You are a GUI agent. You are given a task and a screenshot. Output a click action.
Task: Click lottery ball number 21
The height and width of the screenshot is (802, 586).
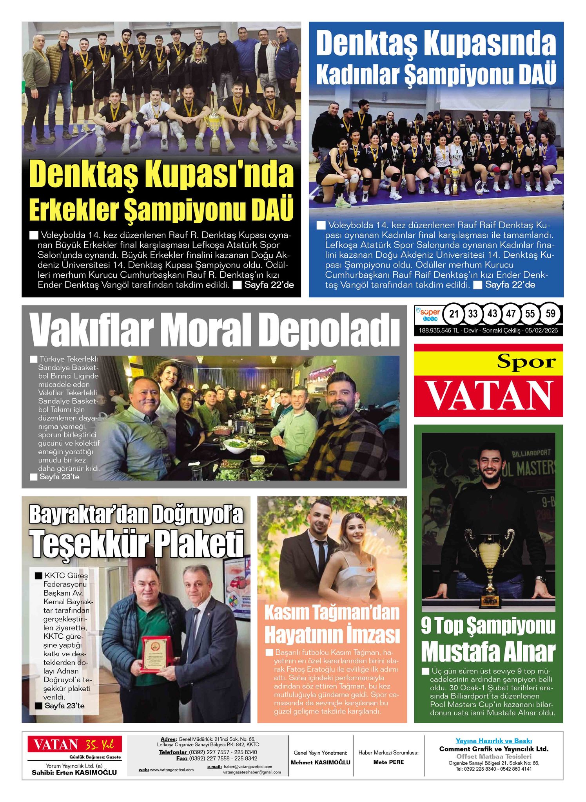pyautogui.click(x=454, y=314)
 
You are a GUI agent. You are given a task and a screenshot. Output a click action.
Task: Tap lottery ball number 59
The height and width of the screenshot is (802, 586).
pyautogui.click(x=550, y=314)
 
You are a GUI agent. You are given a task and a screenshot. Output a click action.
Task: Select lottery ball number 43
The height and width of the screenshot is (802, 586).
pyautogui.click(x=492, y=314)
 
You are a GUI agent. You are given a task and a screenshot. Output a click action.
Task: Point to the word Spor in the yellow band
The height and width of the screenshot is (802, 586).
pyautogui.click(x=526, y=361)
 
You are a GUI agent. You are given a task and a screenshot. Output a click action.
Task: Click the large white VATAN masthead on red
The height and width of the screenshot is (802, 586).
pyautogui.click(x=488, y=396)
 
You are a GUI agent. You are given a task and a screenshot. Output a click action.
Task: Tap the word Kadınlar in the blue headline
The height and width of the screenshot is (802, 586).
pyautogui.click(x=357, y=74)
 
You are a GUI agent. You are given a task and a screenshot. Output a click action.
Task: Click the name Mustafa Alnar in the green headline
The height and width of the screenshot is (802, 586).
pyautogui.click(x=488, y=652)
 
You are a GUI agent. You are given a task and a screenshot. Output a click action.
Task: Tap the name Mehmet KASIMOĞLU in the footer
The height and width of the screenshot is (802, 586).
pyautogui.click(x=320, y=762)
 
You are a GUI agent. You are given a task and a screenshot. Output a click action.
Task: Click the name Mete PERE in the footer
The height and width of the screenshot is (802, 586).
pyautogui.click(x=388, y=762)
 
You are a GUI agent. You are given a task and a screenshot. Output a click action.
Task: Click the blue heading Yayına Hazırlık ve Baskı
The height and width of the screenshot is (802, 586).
pyautogui.click(x=493, y=741)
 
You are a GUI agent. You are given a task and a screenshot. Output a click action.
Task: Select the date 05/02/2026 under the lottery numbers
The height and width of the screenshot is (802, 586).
pyautogui.click(x=541, y=331)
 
